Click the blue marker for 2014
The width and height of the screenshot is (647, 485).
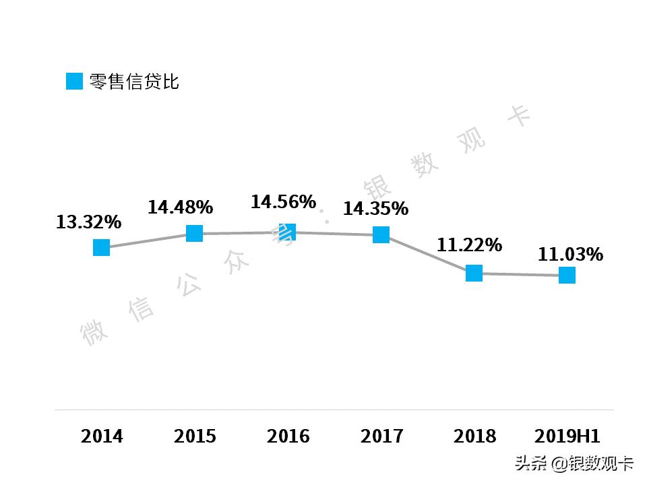tap(101, 247)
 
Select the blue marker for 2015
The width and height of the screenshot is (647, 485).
tap(194, 233)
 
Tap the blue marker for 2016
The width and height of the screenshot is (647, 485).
tap(288, 232)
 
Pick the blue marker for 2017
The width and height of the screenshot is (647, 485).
tap(381, 234)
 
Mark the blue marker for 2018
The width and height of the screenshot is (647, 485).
tap(474, 273)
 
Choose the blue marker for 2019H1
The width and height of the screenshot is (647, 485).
tap(567, 275)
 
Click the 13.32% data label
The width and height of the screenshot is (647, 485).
tap(88, 222)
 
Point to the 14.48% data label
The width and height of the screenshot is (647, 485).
tap(181, 207)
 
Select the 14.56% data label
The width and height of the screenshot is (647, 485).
tap(283, 201)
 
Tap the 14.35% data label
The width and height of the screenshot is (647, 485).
tap(375, 209)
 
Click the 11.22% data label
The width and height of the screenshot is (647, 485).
tap(469, 245)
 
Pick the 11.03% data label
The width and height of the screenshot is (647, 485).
tap(570, 255)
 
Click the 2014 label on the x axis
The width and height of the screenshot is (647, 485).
tap(102, 437)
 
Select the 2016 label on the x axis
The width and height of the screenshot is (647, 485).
tap(288, 437)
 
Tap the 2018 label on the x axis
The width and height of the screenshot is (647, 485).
tap(474, 437)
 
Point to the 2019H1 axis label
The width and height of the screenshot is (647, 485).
tap(567, 437)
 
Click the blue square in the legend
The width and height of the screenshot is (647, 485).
tap(74, 82)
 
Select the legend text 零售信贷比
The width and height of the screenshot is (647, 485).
tap(134, 82)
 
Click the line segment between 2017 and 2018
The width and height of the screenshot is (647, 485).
tap(428, 254)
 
